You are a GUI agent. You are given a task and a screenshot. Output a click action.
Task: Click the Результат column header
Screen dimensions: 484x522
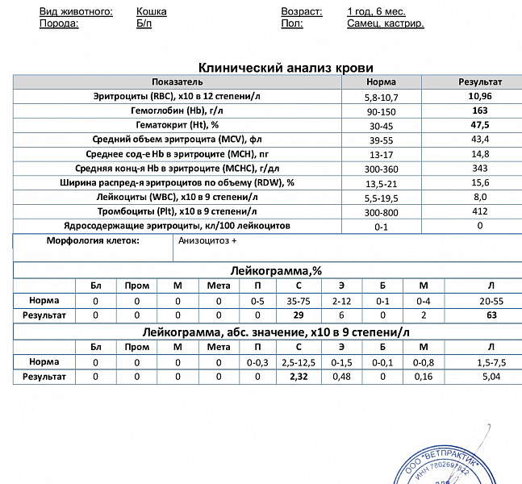click(480, 82)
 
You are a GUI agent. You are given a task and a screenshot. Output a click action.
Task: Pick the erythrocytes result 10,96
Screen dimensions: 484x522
click(480, 96)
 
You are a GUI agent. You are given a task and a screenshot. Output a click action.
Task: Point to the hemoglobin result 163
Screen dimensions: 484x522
click(480, 111)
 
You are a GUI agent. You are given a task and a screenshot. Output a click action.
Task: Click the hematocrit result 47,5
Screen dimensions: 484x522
click(480, 125)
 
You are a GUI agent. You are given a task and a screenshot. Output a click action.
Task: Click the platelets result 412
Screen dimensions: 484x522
click(480, 211)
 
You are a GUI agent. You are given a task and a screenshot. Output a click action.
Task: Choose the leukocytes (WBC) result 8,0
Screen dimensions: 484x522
click(480, 197)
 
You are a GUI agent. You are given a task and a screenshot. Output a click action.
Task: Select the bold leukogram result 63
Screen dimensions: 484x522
click(491, 315)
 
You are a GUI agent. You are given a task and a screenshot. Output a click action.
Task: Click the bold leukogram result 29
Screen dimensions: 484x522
click(298, 315)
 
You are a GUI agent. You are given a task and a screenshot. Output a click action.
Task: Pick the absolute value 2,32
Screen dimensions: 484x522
click(298, 377)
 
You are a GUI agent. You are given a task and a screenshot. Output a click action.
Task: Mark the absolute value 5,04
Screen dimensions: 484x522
click(491, 377)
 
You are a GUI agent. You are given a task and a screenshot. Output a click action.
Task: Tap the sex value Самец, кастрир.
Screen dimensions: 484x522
click(385, 24)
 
